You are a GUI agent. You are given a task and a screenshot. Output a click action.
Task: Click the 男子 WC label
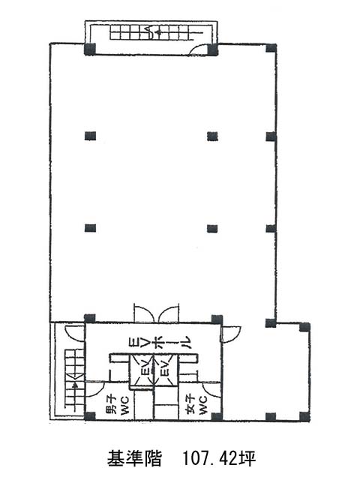tap(118, 405)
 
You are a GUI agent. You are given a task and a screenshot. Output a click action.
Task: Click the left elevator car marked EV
tap(141, 370)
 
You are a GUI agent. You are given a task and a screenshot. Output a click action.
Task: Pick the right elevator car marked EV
tap(165, 370)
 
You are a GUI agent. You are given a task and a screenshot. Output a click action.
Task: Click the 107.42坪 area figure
tap(219, 458)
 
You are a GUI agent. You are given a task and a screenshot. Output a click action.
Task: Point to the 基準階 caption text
tap(134, 458)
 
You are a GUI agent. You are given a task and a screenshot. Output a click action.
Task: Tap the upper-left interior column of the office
tap(90, 136)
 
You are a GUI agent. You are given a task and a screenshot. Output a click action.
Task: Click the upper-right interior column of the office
tap(212, 136)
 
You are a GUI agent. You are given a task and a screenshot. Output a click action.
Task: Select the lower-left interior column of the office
tap(90, 228)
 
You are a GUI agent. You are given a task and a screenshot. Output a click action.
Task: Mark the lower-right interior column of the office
tap(212, 228)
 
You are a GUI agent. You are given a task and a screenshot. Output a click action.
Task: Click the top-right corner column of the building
tap(271, 48)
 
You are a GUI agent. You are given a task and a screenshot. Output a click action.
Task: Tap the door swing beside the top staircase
tap(199, 49)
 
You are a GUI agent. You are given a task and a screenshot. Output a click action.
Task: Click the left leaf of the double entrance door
tap(143, 313)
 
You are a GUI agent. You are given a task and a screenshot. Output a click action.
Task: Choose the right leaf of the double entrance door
tap(168, 313)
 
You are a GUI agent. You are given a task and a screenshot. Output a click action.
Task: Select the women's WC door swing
tap(211, 390)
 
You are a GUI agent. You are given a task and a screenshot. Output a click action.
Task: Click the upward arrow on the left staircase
tap(75, 395)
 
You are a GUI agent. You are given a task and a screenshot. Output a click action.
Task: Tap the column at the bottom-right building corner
tap(304, 416)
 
